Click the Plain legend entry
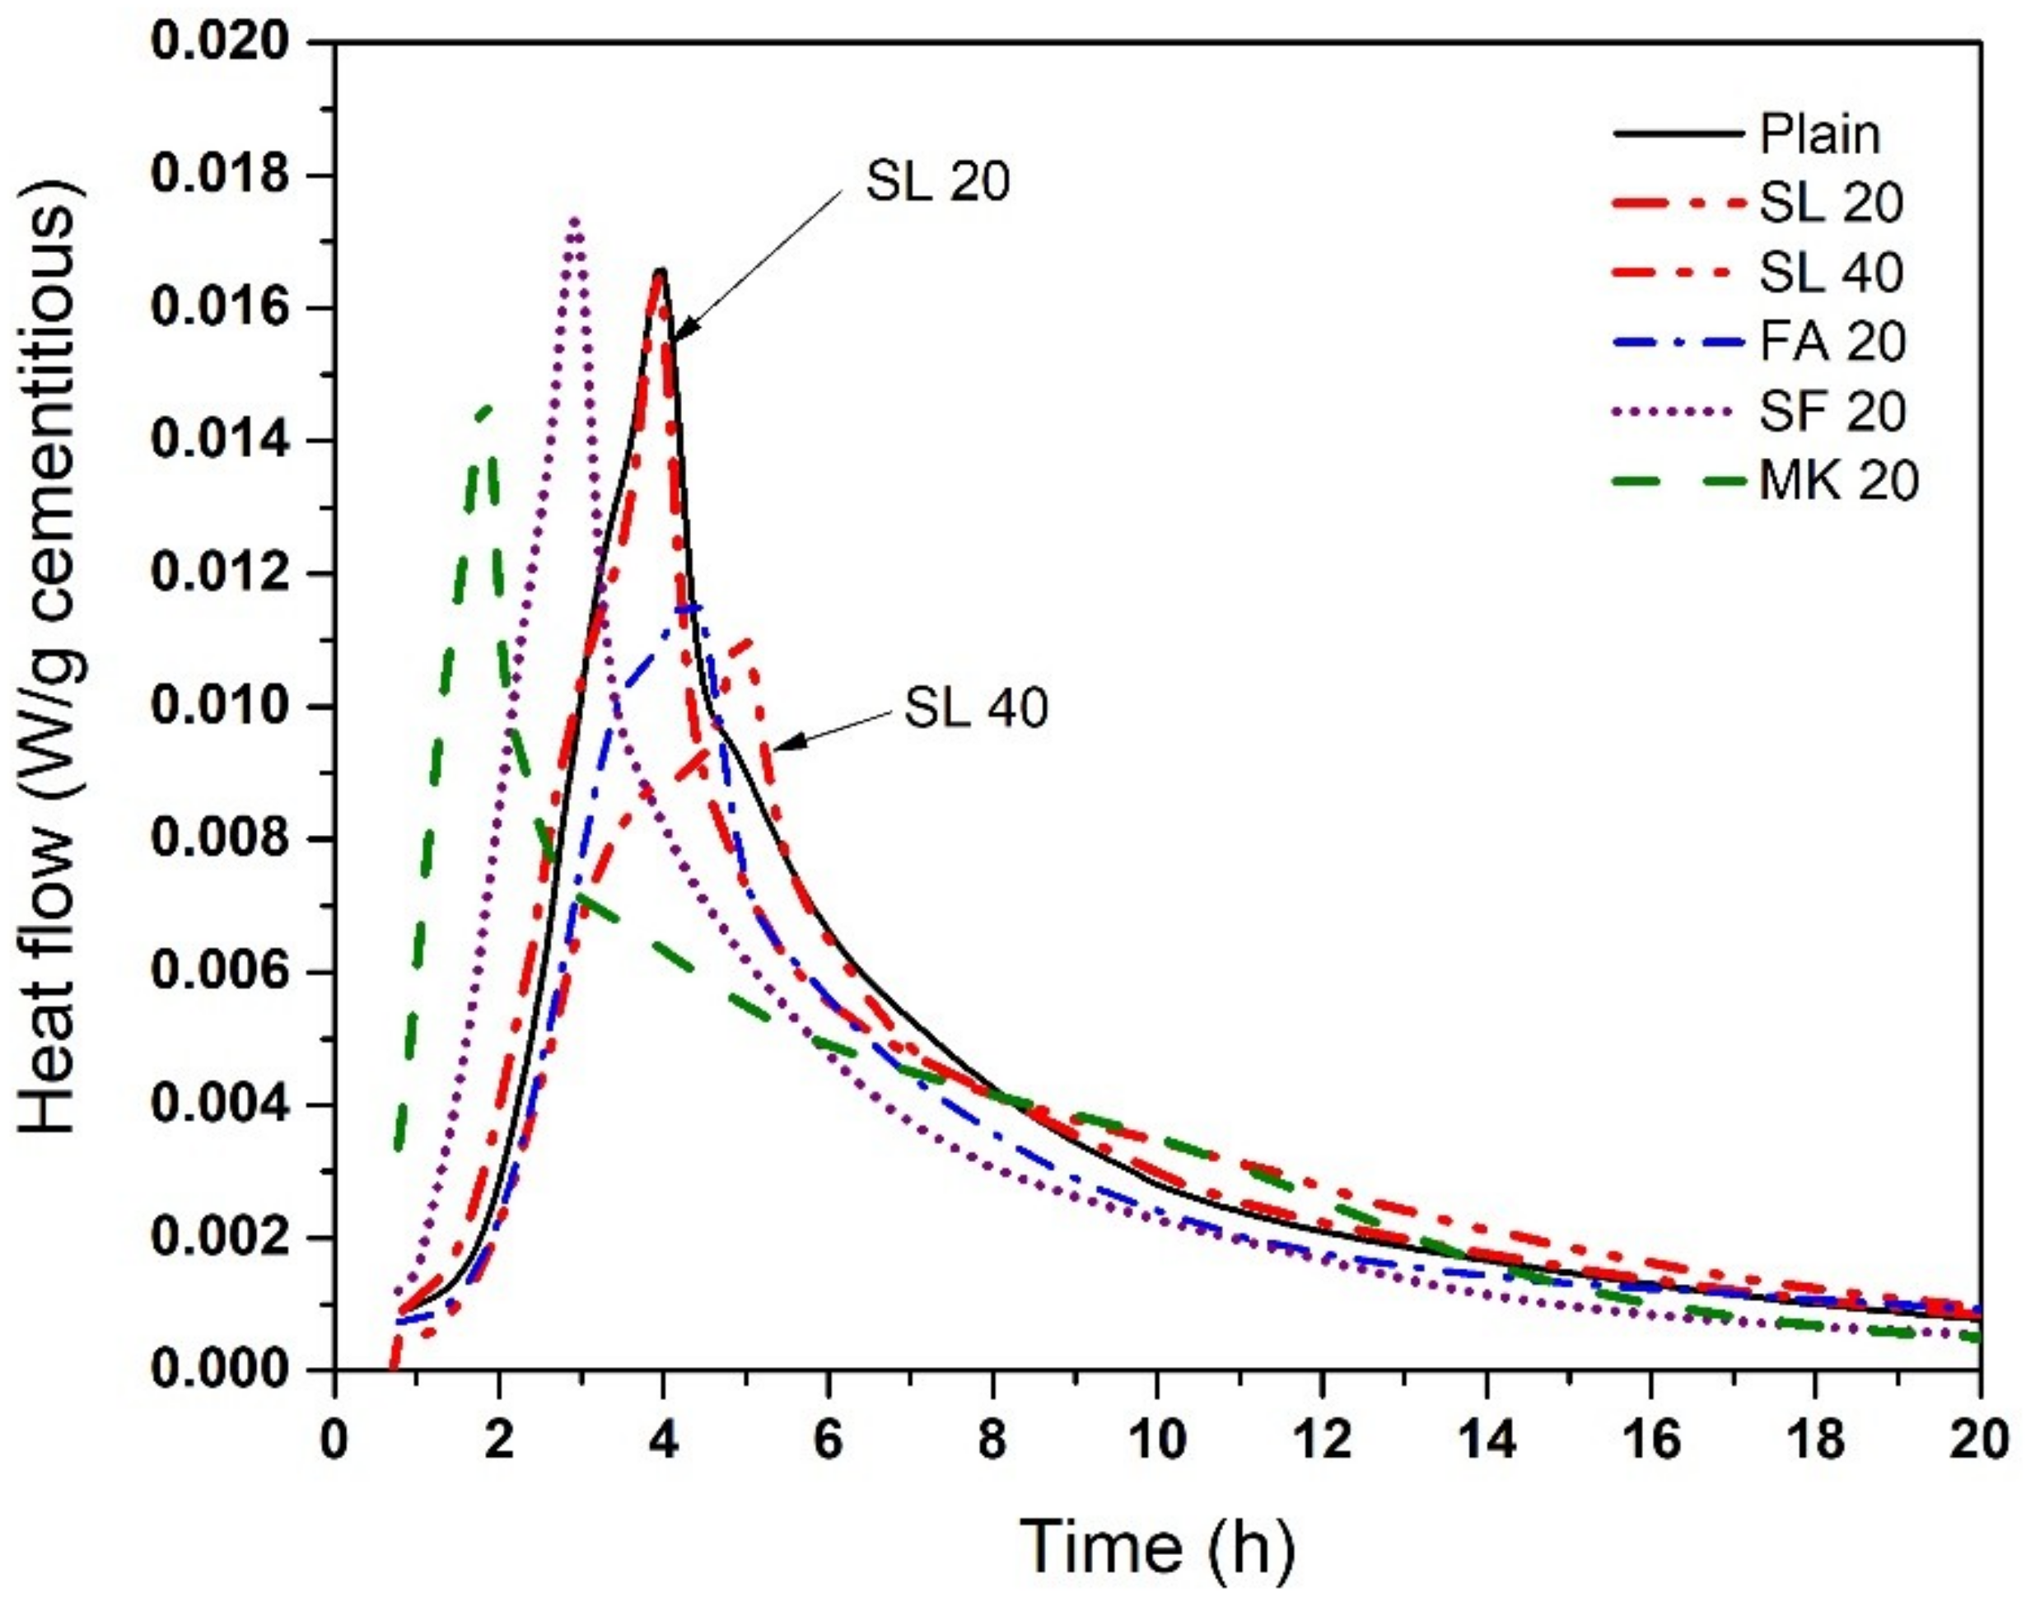[1818, 134]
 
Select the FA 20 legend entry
[1832, 342]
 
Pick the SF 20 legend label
[1832, 412]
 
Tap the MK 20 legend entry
[1837, 481]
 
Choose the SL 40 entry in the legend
[1830, 273]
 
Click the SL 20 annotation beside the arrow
[937, 181]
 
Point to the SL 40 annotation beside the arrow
[975, 707]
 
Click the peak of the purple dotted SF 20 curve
[574, 219]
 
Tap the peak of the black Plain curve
[662, 271]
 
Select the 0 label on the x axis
[334, 1440]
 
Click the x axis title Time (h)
[1157, 1546]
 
